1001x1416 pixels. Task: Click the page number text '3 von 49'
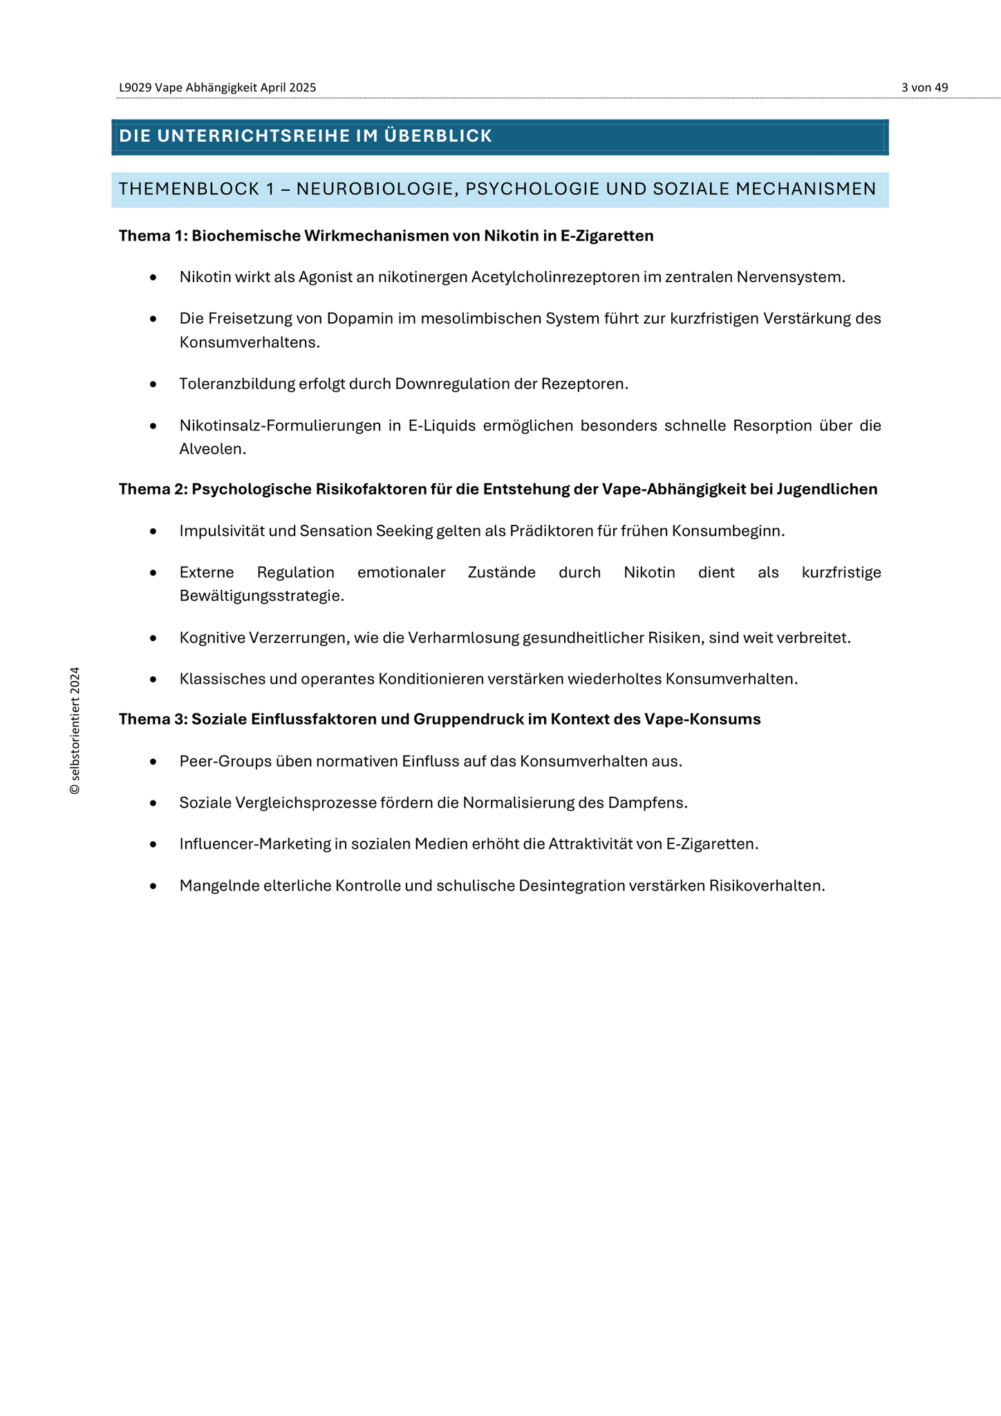pos(924,88)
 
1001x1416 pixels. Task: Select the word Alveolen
pos(212,449)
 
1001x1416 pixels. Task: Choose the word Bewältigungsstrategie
pos(261,595)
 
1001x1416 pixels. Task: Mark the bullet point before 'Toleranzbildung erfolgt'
pos(153,384)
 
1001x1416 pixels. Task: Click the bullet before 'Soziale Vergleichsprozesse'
pos(153,803)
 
